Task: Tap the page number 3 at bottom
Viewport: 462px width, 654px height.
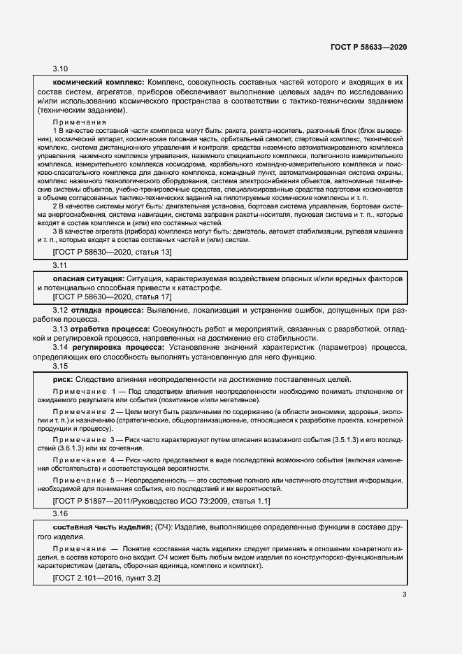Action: pos(404,595)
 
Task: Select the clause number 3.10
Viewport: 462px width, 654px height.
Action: pos(61,69)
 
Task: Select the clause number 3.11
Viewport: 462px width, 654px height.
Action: pos(60,266)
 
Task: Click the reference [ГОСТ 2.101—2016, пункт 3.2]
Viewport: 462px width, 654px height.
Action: pos(106,578)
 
